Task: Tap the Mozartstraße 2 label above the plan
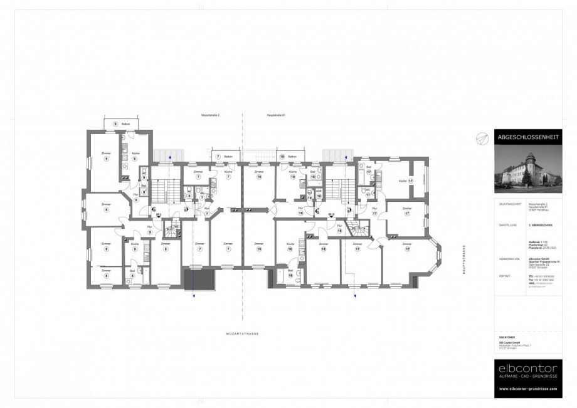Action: pos(210,116)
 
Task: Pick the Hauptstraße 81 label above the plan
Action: pos(276,116)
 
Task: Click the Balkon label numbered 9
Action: pos(122,124)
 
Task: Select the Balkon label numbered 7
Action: pos(226,155)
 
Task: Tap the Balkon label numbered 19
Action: pos(288,155)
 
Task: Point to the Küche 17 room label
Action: pos(403,182)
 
